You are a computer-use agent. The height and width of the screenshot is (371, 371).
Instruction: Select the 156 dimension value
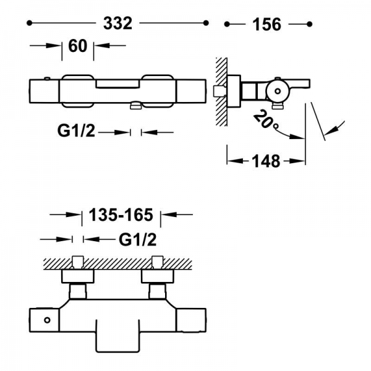[x=267, y=24]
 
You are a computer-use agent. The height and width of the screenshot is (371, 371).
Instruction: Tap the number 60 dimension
[x=77, y=46]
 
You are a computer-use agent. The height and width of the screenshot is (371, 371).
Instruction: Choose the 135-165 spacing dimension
[x=121, y=215]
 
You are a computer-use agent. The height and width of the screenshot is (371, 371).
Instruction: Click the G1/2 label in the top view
[x=76, y=132]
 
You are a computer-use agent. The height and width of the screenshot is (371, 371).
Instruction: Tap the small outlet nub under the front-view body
[x=135, y=107]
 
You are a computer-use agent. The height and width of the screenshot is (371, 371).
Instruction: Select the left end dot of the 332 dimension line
[x=30, y=23]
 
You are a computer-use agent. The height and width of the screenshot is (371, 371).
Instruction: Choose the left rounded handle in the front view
[x=77, y=90]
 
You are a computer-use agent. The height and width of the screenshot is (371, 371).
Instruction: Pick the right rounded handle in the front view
[x=160, y=90]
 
